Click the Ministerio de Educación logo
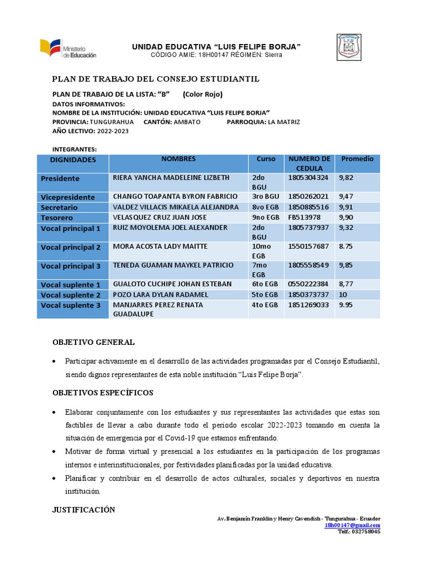68,49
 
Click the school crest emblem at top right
349,47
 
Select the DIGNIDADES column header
73,160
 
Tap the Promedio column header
357,159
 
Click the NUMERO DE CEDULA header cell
309,163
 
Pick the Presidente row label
60,178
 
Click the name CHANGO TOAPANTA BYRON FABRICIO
175,196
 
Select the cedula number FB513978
304,217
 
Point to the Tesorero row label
57,217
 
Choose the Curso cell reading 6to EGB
265,284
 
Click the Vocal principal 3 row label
70,266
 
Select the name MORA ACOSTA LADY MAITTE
160,247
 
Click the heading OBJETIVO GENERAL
94,343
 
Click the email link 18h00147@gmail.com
352,525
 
